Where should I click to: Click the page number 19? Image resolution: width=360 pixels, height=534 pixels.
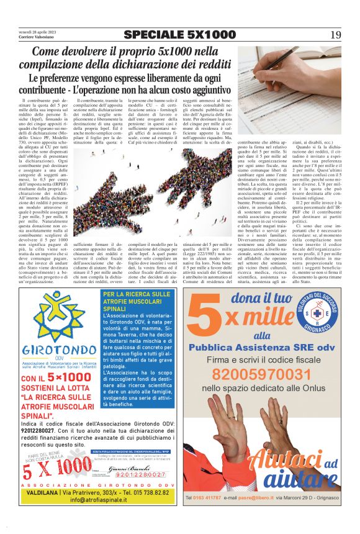[x=335, y=34]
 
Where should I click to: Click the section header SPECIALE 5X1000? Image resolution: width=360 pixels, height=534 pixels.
[x=179, y=34]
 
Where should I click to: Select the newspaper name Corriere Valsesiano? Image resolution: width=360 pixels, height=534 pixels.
[x=37, y=37]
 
